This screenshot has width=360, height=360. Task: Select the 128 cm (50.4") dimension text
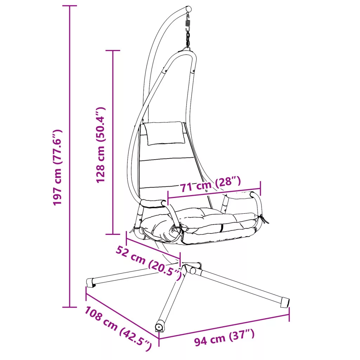pos(101,145)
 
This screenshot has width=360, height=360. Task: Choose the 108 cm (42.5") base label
pos(118,329)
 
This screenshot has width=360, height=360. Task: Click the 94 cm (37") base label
pos(224,337)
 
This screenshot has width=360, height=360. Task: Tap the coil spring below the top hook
pos(188,24)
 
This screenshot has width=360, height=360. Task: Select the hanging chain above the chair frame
pos(188,39)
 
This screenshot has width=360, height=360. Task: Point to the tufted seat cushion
pos(198,224)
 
